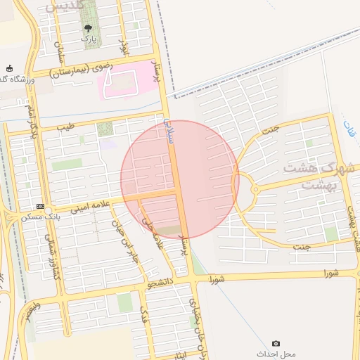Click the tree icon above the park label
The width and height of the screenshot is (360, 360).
click(88, 29)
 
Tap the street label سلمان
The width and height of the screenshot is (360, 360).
click(60, 49)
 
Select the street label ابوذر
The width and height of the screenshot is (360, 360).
click(125, 47)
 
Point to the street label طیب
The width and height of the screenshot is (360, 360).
click(65, 127)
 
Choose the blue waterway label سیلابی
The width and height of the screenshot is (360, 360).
click(169, 131)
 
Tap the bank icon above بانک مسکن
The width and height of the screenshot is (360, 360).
click(40, 207)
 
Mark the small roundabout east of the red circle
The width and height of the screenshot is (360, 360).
click(255, 188)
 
